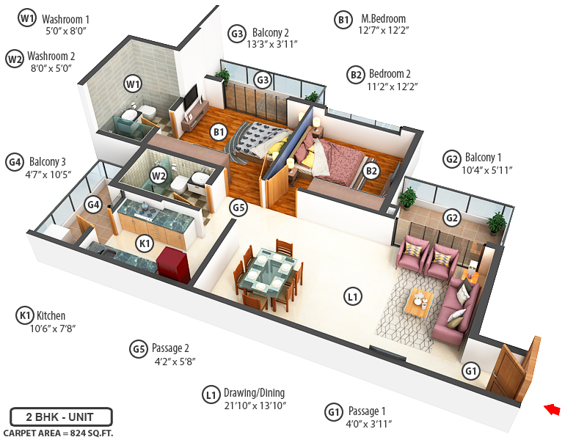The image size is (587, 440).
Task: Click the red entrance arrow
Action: click(553, 409)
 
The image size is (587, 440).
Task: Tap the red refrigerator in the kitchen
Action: click(173, 263)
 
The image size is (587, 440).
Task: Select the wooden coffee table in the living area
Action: click(419, 303)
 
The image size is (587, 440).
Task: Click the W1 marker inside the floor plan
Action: click(133, 84)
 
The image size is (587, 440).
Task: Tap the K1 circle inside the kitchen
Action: click(145, 243)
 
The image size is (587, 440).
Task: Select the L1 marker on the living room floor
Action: click(353, 297)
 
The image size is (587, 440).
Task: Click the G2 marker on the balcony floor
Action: click(452, 217)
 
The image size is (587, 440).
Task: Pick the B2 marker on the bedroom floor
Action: click(371, 171)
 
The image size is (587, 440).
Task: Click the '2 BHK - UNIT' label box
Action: click(62, 417)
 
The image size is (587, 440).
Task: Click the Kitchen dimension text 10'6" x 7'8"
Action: click(53, 329)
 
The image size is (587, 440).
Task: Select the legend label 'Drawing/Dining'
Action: click(255, 393)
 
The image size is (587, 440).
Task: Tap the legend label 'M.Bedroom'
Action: click(382, 19)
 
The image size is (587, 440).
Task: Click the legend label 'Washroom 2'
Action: click(51, 56)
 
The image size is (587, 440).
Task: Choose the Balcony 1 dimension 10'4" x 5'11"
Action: click(488, 170)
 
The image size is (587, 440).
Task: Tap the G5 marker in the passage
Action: click(237, 208)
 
